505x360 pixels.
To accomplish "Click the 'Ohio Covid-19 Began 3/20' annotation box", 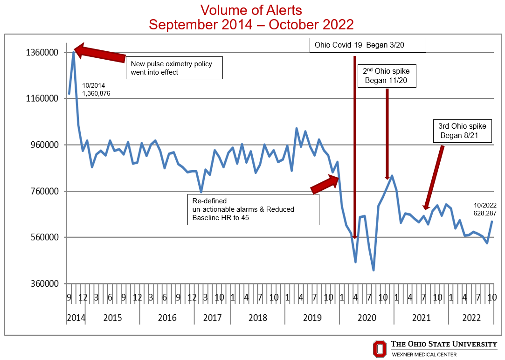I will click(x=368, y=45).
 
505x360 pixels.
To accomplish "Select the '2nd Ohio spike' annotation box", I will click(x=386, y=76).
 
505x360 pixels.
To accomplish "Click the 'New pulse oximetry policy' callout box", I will click(x=174, y=68).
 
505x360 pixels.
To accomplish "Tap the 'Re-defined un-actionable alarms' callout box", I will click(x=253, y=209).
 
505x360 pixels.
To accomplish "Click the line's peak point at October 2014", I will click(x=74, y=52).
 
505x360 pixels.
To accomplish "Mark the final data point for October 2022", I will click(x=492, y=222).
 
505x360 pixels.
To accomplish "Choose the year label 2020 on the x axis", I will click(x=367, y=318).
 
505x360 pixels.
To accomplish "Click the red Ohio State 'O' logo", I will click(x=380, y=348).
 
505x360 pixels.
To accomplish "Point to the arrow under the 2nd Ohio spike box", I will click(x=387, y=133).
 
